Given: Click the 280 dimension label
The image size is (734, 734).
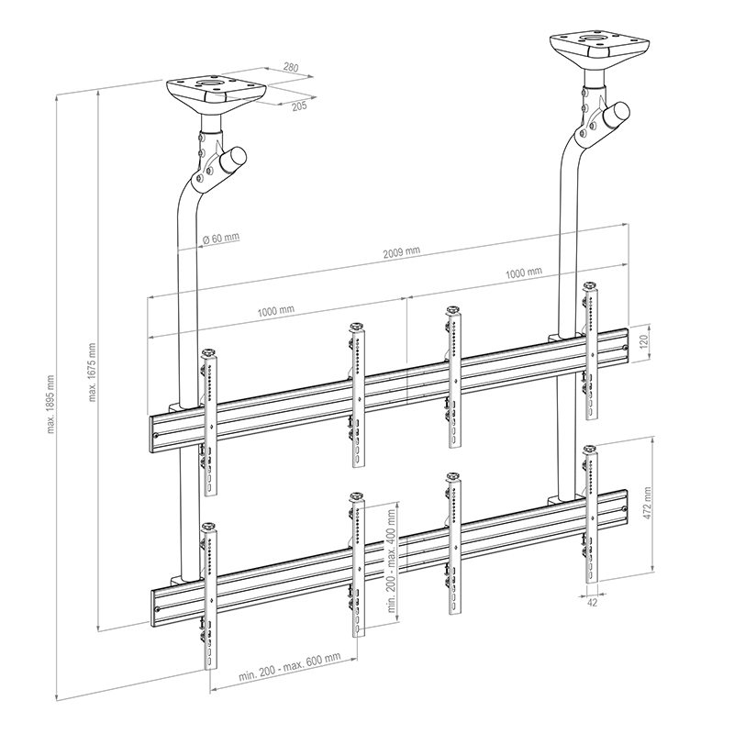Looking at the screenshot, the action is coord(291,67).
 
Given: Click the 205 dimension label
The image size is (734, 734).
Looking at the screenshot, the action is coord(299,106).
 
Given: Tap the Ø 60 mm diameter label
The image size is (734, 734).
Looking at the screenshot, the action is coord(221,238).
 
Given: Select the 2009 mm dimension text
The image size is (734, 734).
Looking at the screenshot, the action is coord(402,252).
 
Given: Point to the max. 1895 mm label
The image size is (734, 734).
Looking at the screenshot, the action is coord(50,405).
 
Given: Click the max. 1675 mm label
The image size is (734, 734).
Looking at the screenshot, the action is coord(92,373).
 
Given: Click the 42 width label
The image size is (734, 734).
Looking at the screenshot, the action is coord(592,603).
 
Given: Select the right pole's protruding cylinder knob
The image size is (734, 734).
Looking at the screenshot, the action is coord(616,115).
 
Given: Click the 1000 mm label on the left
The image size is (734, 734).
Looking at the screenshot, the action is coord(276,311).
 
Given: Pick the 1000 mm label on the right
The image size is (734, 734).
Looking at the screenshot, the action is coord(524,272).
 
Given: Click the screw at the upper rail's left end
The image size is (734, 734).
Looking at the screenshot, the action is coord(157,434).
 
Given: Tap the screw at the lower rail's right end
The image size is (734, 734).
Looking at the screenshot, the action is coord(624,509).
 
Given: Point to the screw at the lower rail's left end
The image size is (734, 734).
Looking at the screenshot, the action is coord(157,609).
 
